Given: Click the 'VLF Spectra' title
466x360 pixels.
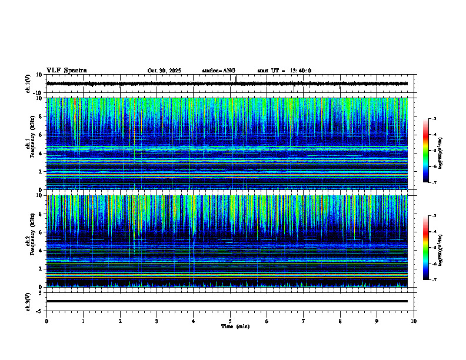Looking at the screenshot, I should [66, 70].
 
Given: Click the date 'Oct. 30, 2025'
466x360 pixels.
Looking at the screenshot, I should [164, 71].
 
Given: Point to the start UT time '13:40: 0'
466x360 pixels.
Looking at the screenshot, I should [299, 71].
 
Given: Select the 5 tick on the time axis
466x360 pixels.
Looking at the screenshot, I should [230, 321].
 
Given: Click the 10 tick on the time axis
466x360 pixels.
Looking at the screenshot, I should [414, 321].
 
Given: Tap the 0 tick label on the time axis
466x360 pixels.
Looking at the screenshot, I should [46, 321].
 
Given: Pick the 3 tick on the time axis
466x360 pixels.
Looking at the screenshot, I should [157, 321].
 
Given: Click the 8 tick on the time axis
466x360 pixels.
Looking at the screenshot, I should [340, 321].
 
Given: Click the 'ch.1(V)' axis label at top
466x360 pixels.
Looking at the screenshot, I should [28, 84].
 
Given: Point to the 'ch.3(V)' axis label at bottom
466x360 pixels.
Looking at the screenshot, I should [28, 301].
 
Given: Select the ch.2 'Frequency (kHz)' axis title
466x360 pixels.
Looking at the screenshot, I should [31, 241].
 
